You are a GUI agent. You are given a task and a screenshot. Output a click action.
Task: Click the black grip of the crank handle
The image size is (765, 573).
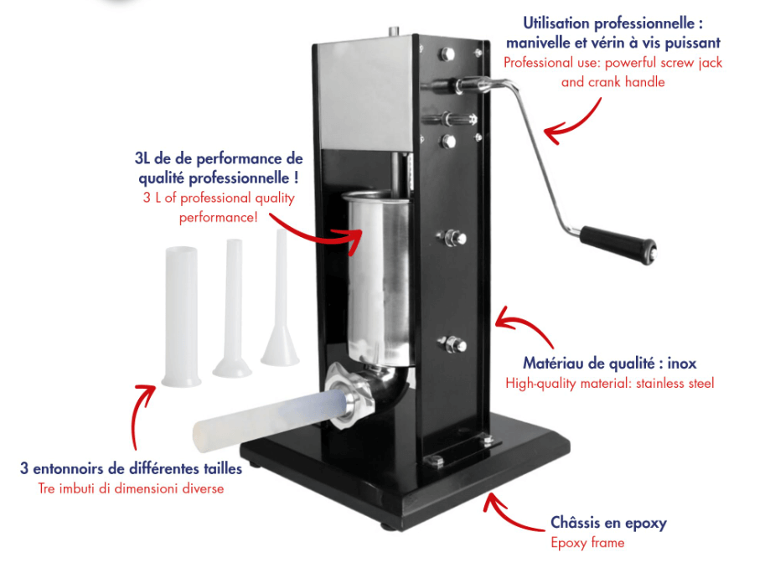coord(618,244)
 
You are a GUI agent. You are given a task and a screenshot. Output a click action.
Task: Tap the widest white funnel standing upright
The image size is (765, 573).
coord(181,316)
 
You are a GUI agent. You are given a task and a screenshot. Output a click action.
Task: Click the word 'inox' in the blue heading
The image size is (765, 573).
coord(681,363)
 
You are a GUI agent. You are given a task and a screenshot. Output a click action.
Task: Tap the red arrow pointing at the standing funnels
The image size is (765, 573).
coord(142,415)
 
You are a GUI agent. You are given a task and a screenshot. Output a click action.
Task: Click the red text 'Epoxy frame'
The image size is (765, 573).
coord(587,543)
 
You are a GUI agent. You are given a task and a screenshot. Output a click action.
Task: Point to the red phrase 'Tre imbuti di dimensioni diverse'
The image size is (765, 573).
coord(131,488)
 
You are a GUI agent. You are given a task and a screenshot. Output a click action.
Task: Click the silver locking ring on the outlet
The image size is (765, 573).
coord(349,396)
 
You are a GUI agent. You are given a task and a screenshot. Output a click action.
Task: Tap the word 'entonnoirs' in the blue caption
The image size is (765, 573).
coord(69,468)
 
